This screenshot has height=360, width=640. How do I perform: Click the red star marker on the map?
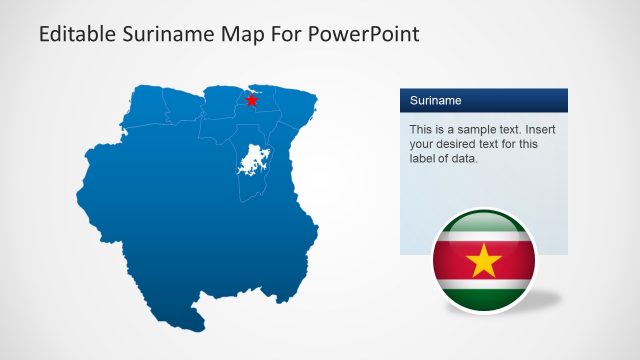(x=251, y=100)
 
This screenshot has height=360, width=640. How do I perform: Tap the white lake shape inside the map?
(x=252, y=160)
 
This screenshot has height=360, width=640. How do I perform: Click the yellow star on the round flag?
(x=484, y=261)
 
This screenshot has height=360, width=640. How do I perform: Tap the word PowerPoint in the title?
(x=370, y=35)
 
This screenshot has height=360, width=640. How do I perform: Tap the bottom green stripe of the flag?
(x=484, y=297)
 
